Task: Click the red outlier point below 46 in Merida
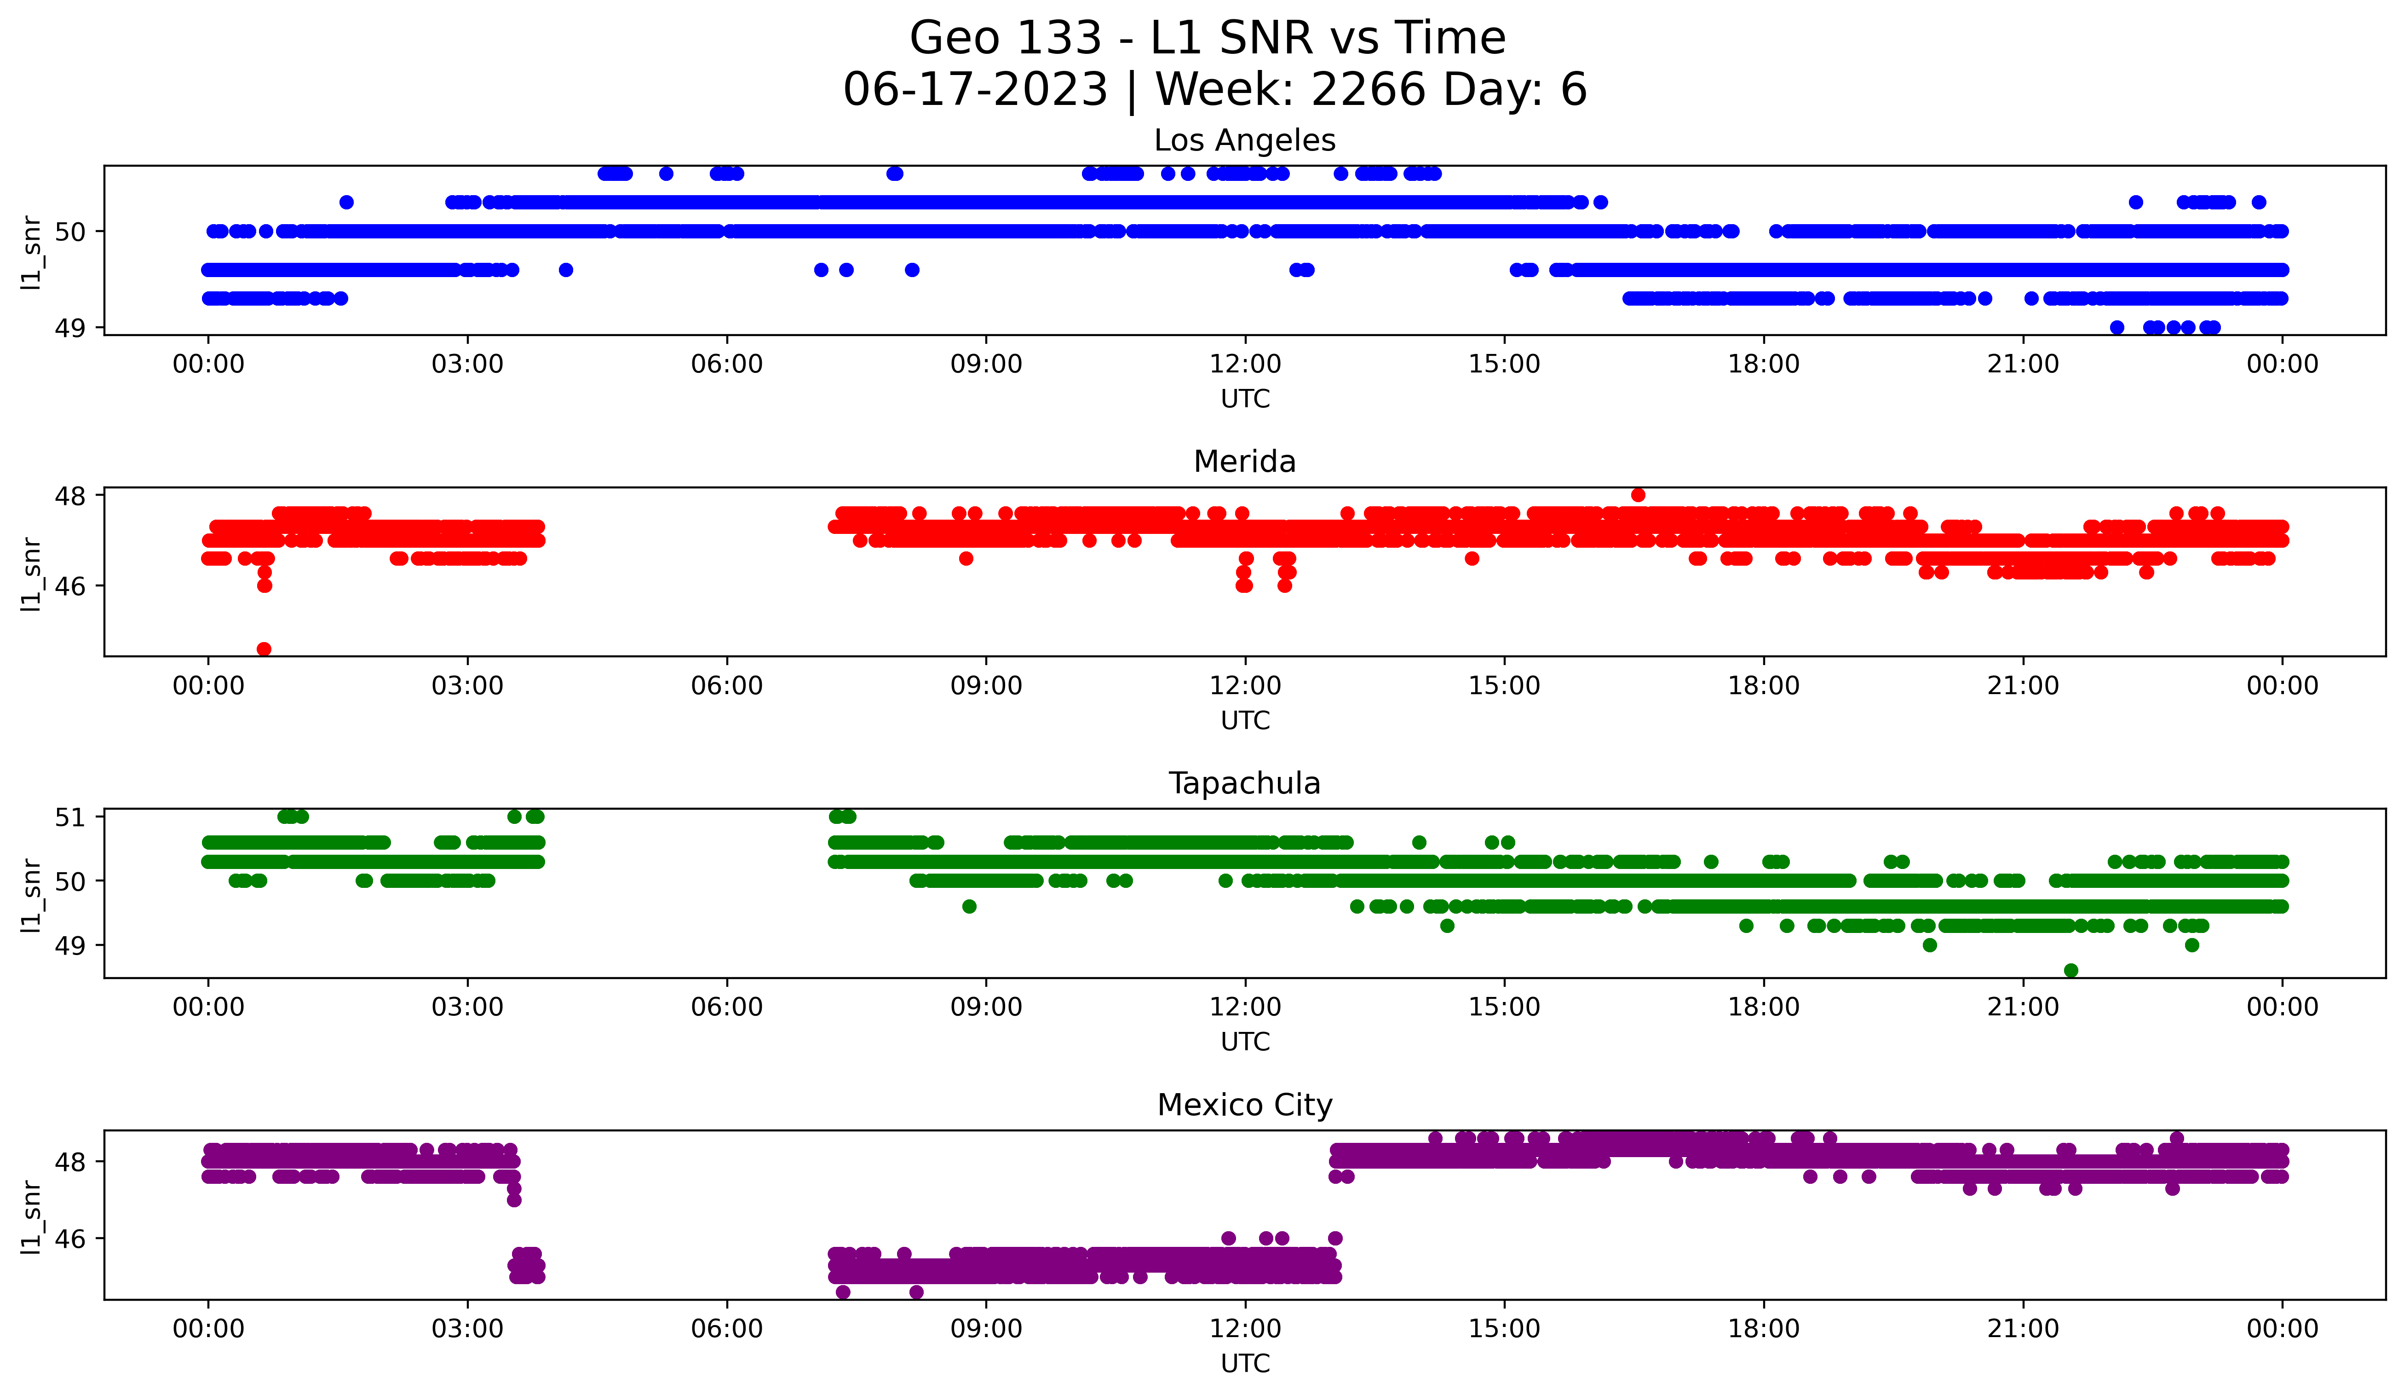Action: (x=264, y=649)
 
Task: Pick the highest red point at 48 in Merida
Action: (x=1638, y=494)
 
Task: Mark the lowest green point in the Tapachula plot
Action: (x=2071, y=970)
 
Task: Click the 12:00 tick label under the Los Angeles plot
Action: (x=1245, y=364)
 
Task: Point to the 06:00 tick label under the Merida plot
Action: (x=727, y=685)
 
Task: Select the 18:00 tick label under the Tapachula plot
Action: (x=1764, y=1007)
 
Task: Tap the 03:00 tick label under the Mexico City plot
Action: (x=467, y=1328)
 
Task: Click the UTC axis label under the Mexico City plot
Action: (x=1245, y=1364)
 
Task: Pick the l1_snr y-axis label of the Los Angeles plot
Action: (x=31, y=252)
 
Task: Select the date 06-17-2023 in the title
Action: (x=975, y=90)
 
